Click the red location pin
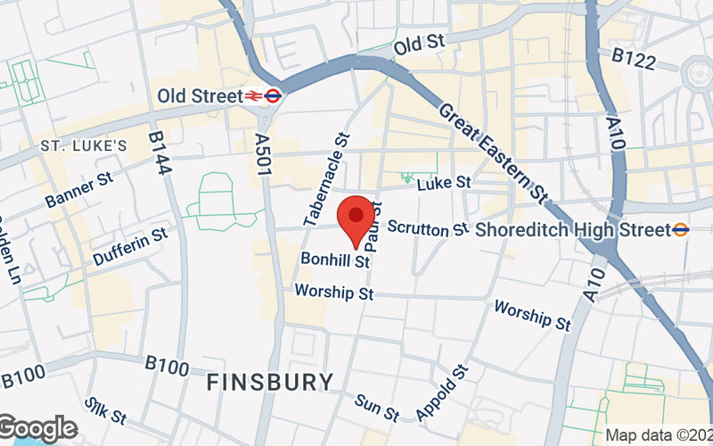point(356,219)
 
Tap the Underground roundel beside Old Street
point(274,95)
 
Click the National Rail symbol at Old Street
point(254,95)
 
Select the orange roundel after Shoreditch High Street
point(681,230)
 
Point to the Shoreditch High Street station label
point(572,230)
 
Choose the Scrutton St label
point(428,228)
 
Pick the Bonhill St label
point(334,260)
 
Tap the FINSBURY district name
point(270,383)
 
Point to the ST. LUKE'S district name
point(84,145)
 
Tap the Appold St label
point(441,392)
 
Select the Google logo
point(38,429)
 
